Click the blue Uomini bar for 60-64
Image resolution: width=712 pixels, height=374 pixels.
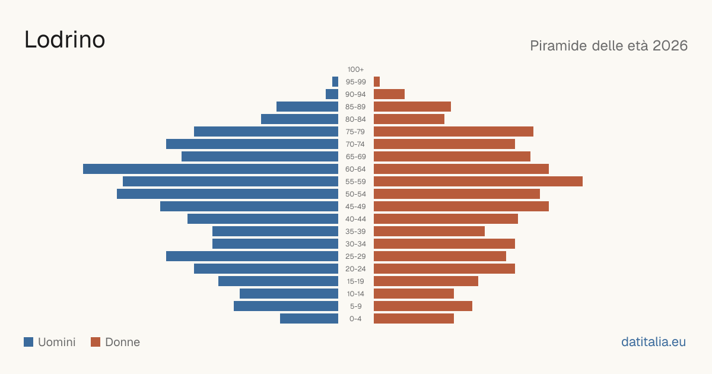coord(211,169)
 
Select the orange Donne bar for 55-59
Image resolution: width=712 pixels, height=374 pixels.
coord(478,181)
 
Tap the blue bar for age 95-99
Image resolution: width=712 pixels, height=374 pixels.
coord(335,82)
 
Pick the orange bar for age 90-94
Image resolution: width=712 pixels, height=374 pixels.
coord(389,94)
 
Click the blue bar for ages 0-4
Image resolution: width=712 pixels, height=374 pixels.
coord(309,319)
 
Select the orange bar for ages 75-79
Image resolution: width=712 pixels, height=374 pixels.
coord(453,132)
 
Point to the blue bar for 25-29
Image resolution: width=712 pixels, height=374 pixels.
coord(252,256)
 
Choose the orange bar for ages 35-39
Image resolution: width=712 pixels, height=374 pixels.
coord(429,231)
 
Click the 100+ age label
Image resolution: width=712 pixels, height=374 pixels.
coord(355,69)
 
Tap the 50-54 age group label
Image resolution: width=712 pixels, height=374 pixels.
coord(355,194)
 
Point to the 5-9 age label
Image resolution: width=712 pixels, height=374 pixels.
coord(355,306)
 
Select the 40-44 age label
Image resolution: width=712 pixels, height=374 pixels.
coord(355,219)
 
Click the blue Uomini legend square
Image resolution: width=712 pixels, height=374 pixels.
coord(28,342)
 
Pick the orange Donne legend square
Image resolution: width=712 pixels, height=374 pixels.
coord(96,342)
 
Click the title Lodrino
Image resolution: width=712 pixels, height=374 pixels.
coord(65,40)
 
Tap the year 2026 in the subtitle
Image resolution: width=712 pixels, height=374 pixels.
coord(670,46)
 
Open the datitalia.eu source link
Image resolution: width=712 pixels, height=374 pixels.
coord(653,342)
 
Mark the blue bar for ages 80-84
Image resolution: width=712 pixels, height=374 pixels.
coord(300,119)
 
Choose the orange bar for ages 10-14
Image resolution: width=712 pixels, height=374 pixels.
coord(414,293)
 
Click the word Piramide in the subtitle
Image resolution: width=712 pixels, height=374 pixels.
coord(558,46)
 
